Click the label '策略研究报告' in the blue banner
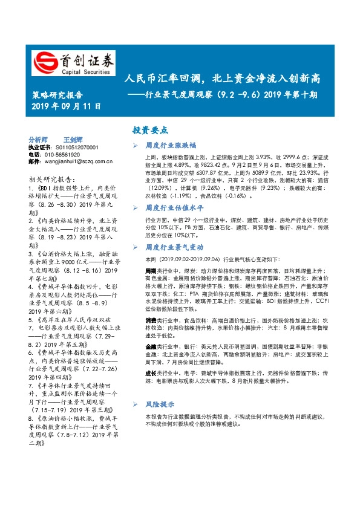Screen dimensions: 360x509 (56, 95)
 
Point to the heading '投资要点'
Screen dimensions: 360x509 (151, 130)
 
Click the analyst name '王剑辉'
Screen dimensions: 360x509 (73, 139)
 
